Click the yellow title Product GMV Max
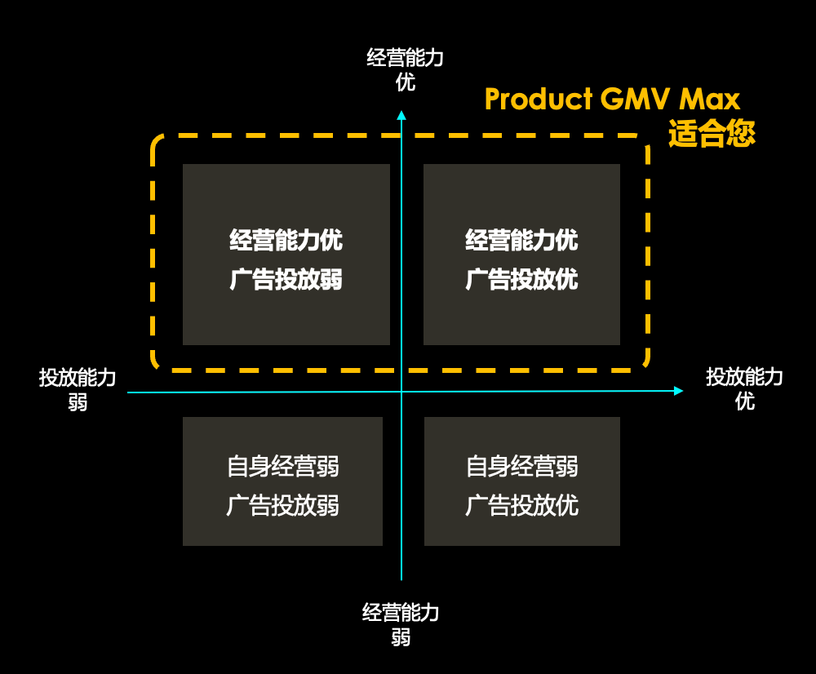[612, 100]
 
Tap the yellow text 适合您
[712, 133]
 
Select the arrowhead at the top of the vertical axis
[401, 115]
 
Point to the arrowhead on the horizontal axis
[678, 391]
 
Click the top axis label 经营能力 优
[406, 69]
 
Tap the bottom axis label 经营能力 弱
[401, 624]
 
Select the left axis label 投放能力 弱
[78, 389]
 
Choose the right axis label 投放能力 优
[744, 388]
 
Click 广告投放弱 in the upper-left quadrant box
[286, 280]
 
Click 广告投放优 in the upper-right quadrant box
[521, 280]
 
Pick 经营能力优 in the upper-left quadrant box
[286, 241]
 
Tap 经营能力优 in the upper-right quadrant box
[521, 241]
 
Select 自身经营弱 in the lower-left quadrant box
[282, 467]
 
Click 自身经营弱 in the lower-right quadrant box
[521, 467]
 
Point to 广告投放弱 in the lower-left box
[282, 506]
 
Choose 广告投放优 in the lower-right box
[521, 506]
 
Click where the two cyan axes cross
[401, 392]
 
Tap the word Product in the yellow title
[539, 100]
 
